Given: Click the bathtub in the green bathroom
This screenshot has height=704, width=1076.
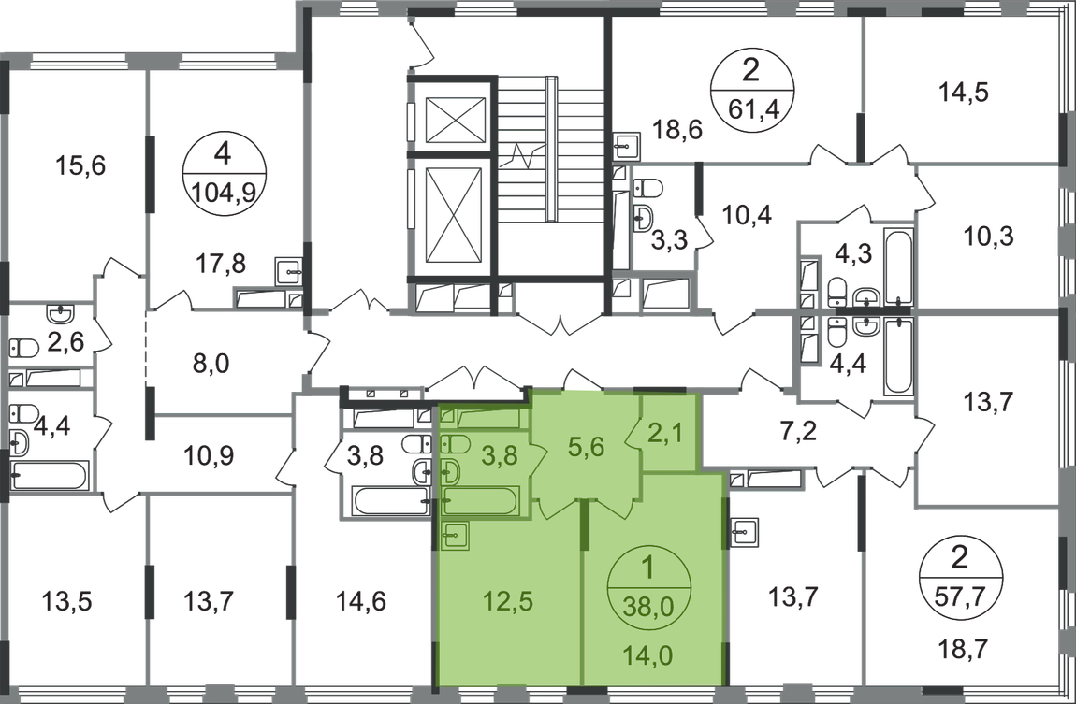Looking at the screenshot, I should [x=480, y=503].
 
